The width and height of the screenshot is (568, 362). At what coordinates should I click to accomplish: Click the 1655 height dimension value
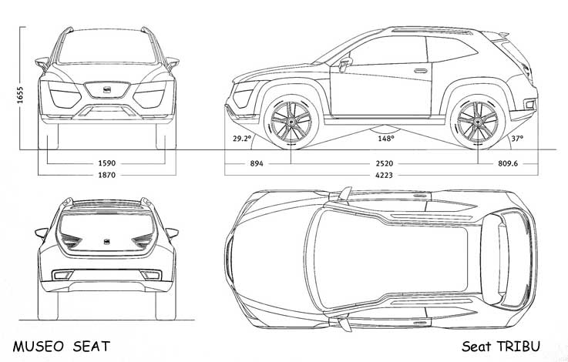click(x=20, y=96)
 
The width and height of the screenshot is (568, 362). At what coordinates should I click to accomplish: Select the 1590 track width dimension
click(x=107, y=163)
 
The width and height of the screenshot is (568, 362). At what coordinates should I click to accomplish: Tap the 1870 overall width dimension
click(x=107, y=175)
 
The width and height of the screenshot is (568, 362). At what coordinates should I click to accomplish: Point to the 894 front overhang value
click(x=257, y=163)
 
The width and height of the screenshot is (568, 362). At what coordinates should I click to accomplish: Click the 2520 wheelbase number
click(x=385, y=163)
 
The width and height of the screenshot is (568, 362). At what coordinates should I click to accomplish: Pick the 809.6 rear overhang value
click(x=508, y=163)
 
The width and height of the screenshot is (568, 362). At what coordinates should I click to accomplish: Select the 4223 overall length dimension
click(x=384, y=175)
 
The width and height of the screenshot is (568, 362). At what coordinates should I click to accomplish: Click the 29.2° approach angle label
click(x=242, y=139)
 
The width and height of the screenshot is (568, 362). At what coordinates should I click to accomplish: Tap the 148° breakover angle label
click(x=386, y=139)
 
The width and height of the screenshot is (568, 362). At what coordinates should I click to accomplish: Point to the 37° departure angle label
click(x=517, y=139)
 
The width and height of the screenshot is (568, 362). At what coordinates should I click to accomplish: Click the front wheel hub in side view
click(x=291, y=122)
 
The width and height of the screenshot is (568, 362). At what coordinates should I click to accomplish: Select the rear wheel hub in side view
click(x=477, y=122)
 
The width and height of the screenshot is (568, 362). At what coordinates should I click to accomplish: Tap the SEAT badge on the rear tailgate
click(x=107, y=242)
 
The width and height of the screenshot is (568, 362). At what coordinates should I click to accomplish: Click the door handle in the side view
click(x=420, y=70)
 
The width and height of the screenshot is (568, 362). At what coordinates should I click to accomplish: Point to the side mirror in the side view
click(x=345, y=62)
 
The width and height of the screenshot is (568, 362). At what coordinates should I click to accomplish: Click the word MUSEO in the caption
click(x=38, y=347)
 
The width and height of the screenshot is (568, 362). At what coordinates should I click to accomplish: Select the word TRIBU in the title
click(x=519, y=346)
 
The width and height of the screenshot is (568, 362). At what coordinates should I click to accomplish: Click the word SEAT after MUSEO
click(x=91, y=347)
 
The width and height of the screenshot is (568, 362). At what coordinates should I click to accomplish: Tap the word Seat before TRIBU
click(x=476, y=347)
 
